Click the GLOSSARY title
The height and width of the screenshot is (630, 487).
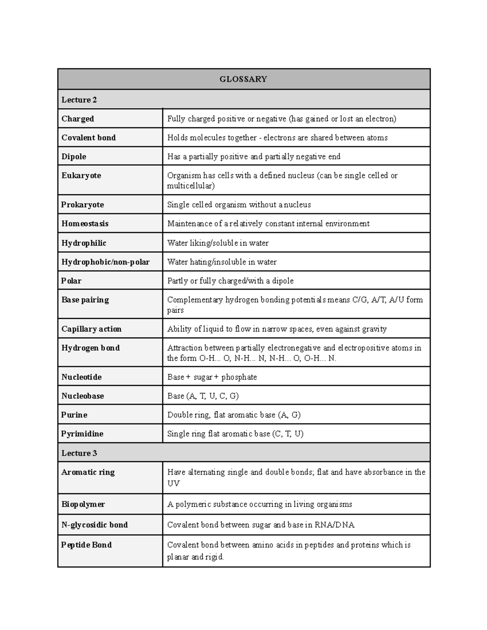click(x=243, y=79)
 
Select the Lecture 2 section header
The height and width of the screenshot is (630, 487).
click(x=79, y=100)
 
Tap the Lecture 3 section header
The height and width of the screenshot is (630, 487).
click(x=79, y=453)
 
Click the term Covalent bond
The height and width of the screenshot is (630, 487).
click(x=88, y=138)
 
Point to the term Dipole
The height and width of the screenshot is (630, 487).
click(x=74, y=157)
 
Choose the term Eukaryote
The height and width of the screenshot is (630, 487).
click(x=81, y=176)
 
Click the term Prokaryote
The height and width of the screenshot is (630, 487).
click(x=82, y=205)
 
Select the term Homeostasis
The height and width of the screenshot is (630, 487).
click(x=85, y=224)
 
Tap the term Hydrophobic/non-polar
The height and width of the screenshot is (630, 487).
click(x=106, y=262)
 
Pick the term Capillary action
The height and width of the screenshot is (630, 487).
click(x=91, y=329)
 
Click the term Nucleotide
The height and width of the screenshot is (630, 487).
click(x=82, y=377)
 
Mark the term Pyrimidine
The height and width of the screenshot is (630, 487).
click(x=82, y=434)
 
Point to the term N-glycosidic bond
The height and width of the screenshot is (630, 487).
click(x=95, y=525)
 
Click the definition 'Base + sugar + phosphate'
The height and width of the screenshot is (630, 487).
click(x=212, y=377)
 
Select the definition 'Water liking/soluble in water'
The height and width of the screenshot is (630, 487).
click(x=218, y=243)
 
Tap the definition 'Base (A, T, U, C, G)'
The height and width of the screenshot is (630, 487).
click(x=203, y=396)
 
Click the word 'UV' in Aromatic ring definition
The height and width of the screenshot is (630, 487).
click(x=173, y=483)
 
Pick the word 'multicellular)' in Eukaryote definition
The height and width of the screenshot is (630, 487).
click(x=191, y=186)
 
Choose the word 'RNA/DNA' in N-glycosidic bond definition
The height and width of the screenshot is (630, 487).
click(x=334, y=525)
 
